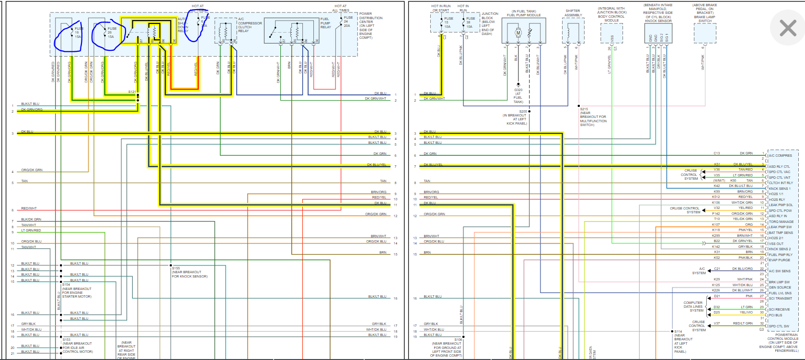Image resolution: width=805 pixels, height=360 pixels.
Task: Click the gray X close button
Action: click(x=788, y=28)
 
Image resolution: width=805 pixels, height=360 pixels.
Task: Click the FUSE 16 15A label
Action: click(x=78, y=33)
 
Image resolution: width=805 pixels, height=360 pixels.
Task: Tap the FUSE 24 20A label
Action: click(x=348, y=22)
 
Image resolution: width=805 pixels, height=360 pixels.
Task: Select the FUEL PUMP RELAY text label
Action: click(x=325, y=23)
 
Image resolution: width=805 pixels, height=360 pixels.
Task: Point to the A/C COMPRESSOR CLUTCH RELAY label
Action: click(x=250, y=25)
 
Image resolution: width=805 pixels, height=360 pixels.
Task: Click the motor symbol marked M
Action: click(x=517, y=33)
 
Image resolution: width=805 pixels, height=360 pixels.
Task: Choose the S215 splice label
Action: click(x=584, y=109)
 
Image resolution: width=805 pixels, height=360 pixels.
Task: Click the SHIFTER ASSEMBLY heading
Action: click(x=573, y=13)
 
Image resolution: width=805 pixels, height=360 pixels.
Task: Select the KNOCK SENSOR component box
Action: click(x=658, y=33)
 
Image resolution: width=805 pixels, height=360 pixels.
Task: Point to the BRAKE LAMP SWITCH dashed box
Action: click(x=705, y=33)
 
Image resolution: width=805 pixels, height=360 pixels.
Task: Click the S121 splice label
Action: click(x=132, y=92)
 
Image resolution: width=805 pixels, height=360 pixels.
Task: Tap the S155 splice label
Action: click(x=176, y=268)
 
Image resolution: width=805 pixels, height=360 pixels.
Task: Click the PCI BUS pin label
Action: click(x=775, y=315)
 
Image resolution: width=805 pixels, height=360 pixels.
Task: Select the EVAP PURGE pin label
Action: click(x=779, y=260)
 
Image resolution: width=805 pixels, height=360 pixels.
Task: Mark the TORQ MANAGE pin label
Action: click(x=781, y=221)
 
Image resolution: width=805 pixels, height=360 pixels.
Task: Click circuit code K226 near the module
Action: click(x=716, y=290)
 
